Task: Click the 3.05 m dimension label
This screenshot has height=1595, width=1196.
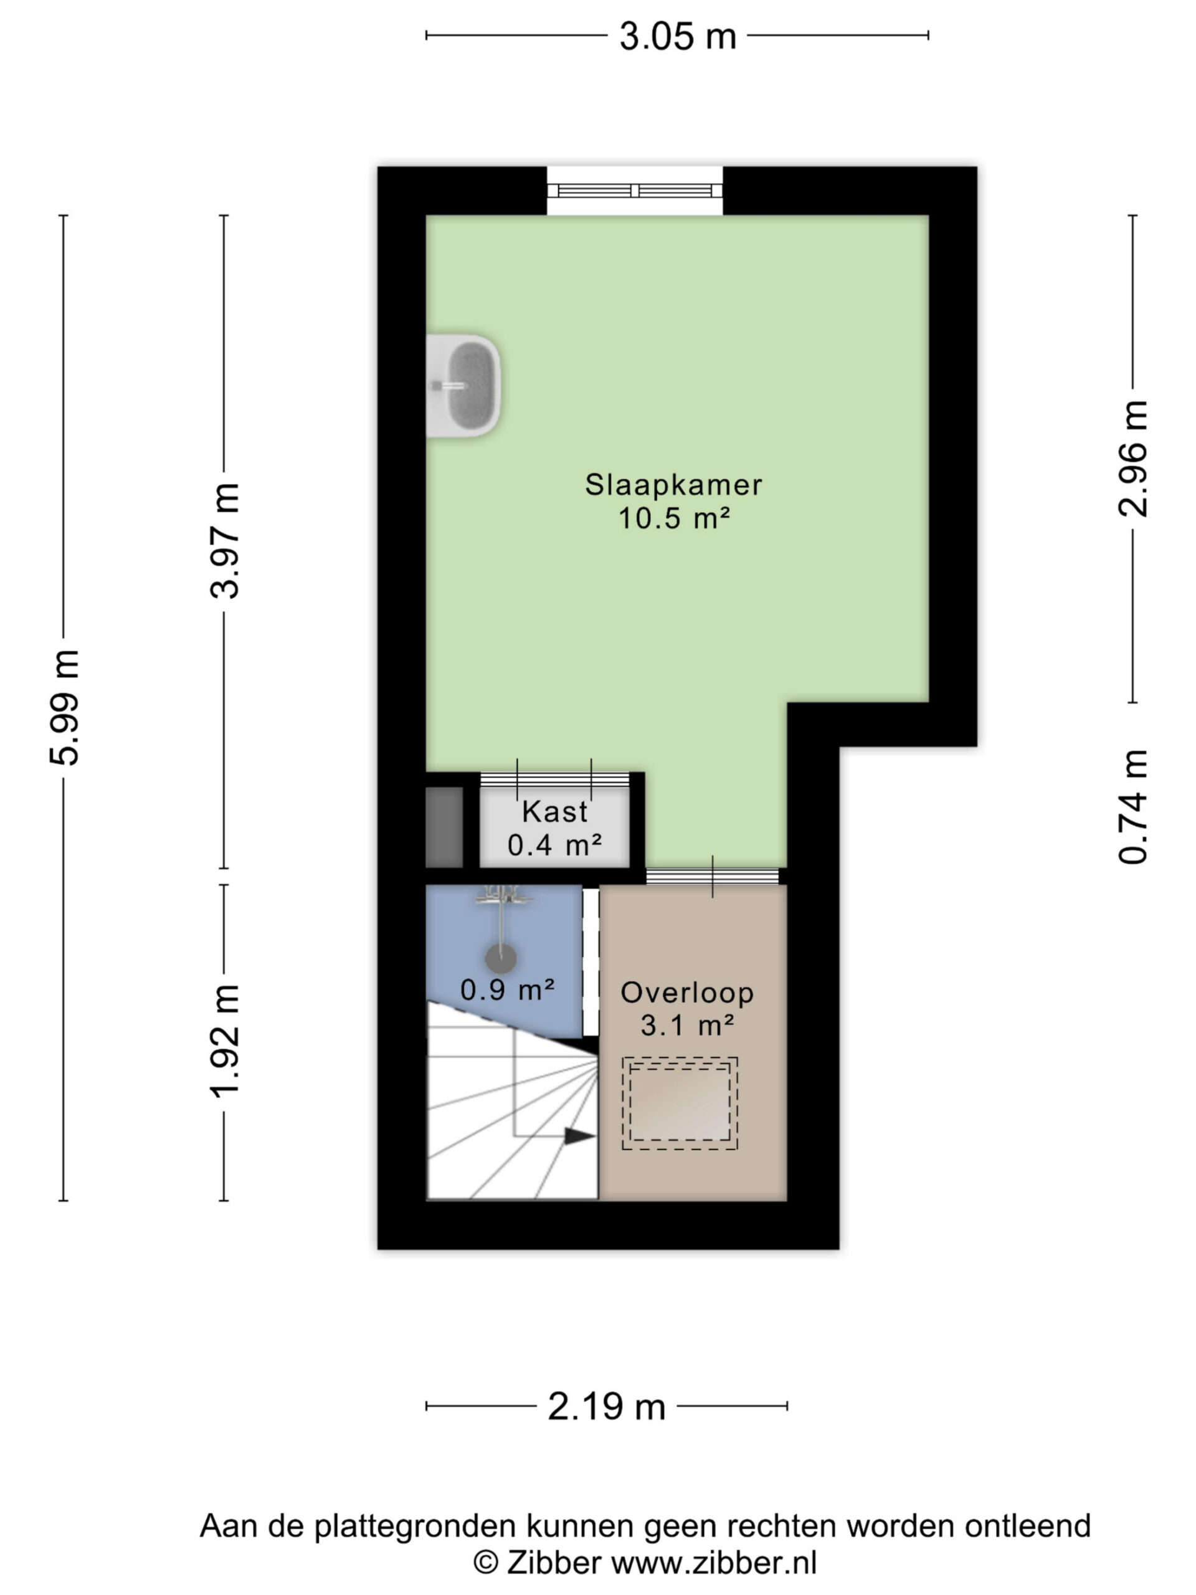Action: tap(677, 36)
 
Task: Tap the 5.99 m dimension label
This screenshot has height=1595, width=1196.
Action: tap(65, 707)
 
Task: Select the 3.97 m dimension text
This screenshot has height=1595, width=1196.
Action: tap(224, 541)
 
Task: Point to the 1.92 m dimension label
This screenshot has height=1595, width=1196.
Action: tap(224, 1041)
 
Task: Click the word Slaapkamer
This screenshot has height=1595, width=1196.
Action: tap(673, 485)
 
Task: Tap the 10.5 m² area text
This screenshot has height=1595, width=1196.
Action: tap(673, 518)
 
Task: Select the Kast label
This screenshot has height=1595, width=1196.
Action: tap(554, 811)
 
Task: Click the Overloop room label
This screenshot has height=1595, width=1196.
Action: tap(687, 992)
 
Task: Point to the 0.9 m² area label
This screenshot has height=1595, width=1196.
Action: tap(508, 989)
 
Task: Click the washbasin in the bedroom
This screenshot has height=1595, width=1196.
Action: tap(463, 386)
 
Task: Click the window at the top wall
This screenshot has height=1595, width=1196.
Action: tap(634, 191)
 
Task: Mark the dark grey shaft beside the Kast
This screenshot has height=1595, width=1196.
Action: tap(444, 827)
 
